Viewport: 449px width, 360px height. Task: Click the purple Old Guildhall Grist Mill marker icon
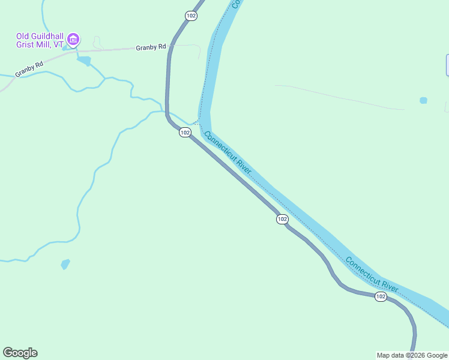point(73,40)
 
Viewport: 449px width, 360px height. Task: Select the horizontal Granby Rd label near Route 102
point(151,47)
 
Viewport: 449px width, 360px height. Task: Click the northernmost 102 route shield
point(191,16)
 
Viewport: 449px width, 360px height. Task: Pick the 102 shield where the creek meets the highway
point(185,132)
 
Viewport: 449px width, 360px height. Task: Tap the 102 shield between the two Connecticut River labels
point(282,220)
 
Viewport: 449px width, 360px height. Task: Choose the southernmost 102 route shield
point(381,297)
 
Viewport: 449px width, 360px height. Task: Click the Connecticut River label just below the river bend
point(228,154)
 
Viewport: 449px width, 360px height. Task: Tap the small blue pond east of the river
point(423,100)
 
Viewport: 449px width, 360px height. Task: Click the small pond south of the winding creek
point(65,264)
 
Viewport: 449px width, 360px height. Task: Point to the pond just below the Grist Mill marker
point(84,61)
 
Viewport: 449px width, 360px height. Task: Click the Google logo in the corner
point(20,353)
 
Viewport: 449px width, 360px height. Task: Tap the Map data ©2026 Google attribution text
point(412,355)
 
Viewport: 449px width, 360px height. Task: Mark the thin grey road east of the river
point(339,97)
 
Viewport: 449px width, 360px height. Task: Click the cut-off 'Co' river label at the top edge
point(236,4)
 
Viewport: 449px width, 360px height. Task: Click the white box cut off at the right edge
point(447,65)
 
